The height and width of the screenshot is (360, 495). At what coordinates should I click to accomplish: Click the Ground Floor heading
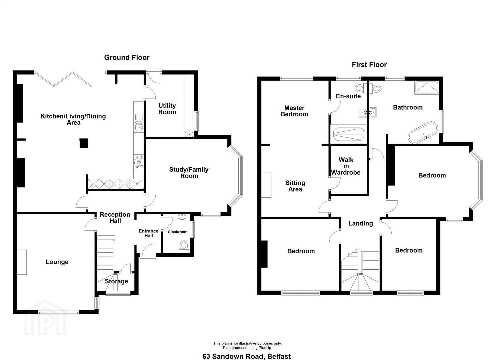point(127,58)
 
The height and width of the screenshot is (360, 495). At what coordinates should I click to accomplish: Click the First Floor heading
point(369,65)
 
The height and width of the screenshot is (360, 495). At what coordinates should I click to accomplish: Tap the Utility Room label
point(167,109)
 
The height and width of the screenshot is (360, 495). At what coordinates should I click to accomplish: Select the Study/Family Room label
point(189,173)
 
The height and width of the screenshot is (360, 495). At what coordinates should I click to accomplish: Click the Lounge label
point(57,262)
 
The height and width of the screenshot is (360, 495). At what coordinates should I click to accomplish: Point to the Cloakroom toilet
point(184,246)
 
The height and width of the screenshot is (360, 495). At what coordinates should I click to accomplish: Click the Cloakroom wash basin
point(182,217)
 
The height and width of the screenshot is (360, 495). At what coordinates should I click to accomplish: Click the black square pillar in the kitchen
point(84,143)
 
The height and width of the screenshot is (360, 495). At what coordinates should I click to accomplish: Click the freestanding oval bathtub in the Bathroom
point(423,132)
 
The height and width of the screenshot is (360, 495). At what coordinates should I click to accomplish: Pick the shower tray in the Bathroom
point(426,88)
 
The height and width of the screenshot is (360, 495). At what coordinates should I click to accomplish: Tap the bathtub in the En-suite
point(348,134)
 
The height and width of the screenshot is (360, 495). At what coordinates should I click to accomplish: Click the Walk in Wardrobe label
point(346,166)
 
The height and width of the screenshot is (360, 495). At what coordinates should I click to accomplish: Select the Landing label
point(361,223)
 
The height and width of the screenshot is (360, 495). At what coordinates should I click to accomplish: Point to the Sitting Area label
point(295,186)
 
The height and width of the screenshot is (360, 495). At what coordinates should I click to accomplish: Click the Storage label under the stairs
point(116,281)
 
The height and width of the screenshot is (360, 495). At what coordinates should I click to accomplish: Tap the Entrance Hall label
point(149,233)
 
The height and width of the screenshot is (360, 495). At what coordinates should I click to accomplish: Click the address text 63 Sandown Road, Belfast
point(247,356)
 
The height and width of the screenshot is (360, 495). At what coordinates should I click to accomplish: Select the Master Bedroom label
point(294,111)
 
